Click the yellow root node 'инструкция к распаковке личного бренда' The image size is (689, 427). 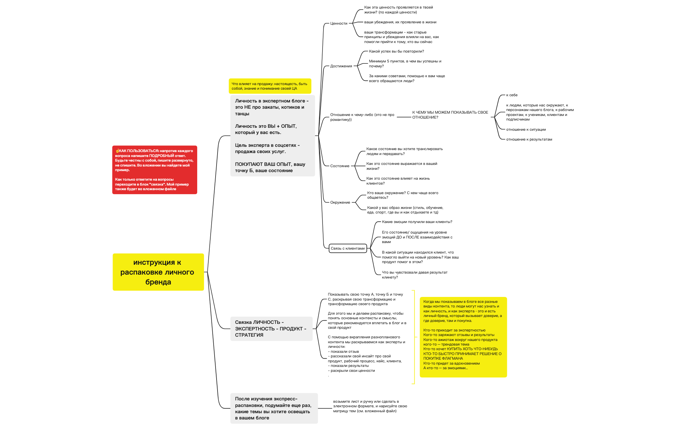pos(158,272)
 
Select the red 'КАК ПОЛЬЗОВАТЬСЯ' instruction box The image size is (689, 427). pos(155,170)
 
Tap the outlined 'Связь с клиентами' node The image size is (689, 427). pos(347,248)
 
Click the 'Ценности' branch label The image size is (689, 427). pos(339,23)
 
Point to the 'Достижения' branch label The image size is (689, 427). pos(341,66)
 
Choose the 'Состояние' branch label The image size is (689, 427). pos(340,166)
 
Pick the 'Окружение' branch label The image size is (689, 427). pos(340,202)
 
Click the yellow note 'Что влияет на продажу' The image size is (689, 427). pos(270,86)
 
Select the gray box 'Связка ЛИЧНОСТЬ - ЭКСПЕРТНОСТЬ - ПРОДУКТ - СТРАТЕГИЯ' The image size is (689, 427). pos(271,328)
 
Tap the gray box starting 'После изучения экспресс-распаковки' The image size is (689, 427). pos(274,408)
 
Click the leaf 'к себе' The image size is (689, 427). pos(512,95)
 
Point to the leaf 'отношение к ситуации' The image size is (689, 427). pos(526,129)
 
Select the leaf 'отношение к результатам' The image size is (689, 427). pos(529,139)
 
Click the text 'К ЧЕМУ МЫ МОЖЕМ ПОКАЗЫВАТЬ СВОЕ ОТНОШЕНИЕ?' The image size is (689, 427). pos(450,115)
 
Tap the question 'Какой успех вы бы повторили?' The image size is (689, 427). pos(396,51)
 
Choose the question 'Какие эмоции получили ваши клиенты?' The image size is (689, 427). pos(417,222)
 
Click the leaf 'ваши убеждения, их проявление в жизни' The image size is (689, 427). pos(400,22)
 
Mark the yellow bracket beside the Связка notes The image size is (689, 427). pos(414,337)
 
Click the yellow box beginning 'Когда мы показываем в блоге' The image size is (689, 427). pos(463,337)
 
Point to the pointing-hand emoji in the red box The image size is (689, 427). pos(117,151)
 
